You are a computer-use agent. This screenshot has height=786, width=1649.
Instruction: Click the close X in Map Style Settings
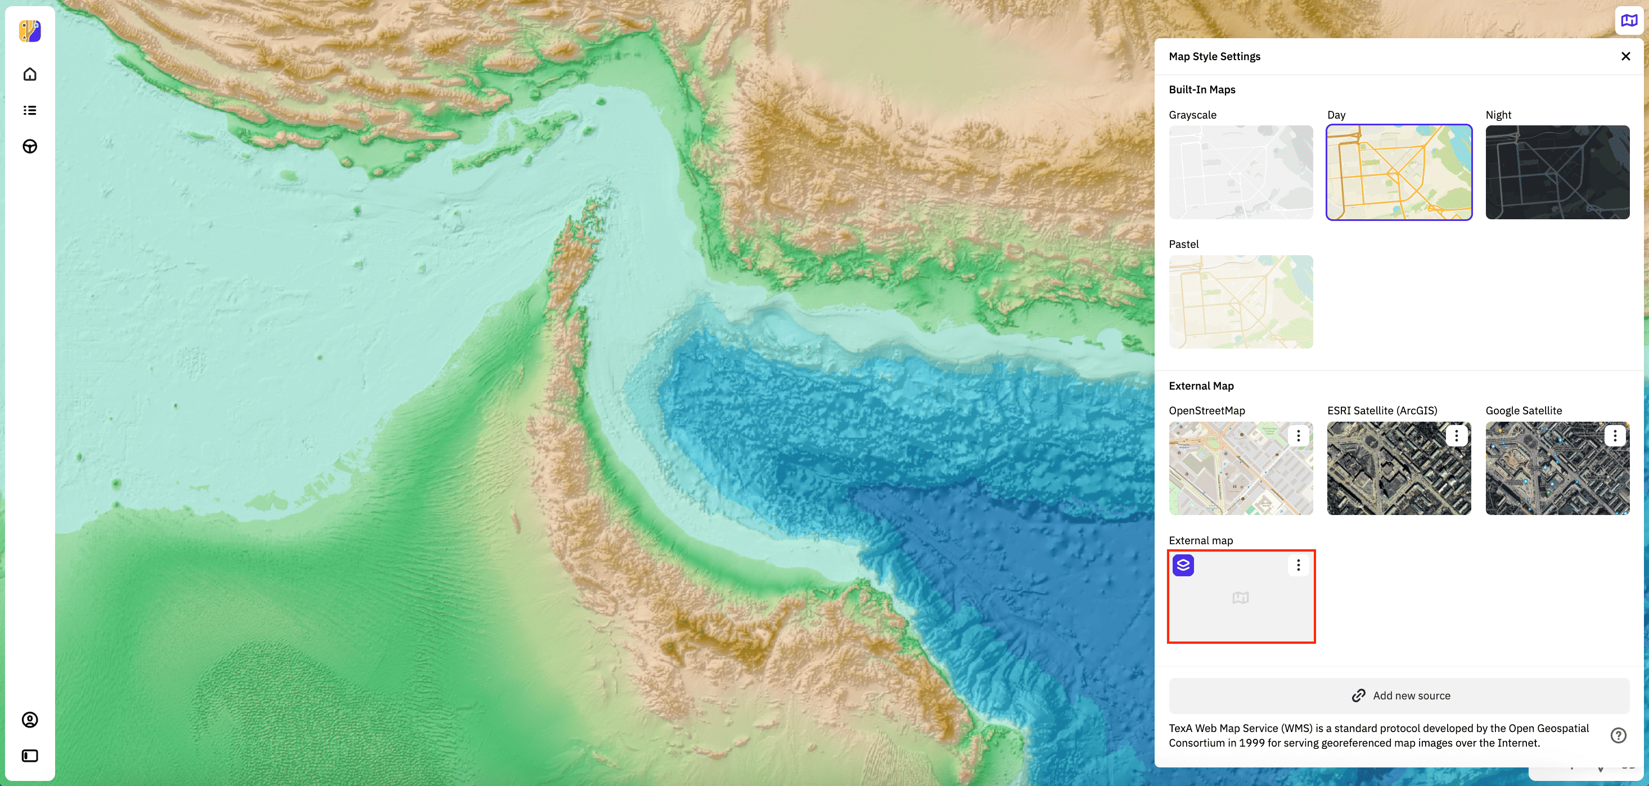coord(1625,56)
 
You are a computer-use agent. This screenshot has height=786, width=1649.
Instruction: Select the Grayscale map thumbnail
coord(1241,172)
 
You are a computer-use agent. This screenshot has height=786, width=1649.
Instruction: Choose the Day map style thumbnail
coord(1399,172)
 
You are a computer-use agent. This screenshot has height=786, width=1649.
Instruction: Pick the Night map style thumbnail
coord(1557,172)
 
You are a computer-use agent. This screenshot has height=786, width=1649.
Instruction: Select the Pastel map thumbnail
coord(1241,301)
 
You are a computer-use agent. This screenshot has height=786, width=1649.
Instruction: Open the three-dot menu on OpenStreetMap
coord(1298,436)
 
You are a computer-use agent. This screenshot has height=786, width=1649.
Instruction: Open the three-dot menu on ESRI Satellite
coord(1456,436)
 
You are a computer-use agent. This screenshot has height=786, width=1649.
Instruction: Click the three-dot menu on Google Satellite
coord(1615,436)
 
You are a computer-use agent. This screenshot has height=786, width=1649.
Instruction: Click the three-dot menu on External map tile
coord(1298,565)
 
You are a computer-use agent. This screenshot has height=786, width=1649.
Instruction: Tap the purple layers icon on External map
coord(1183,565)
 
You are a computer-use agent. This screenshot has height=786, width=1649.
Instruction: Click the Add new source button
coord(1399,695)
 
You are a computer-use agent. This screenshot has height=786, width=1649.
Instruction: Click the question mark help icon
coord(1618,735)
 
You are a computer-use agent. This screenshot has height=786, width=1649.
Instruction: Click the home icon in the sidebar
coord(30,74)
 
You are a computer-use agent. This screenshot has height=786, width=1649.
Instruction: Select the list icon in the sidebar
coord(30,110)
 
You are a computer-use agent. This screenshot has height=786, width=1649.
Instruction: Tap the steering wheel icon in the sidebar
coord(30,147)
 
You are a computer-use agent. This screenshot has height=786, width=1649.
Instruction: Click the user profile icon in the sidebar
coord(30,720)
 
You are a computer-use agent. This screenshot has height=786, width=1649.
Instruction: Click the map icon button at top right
coord(1629,20)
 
